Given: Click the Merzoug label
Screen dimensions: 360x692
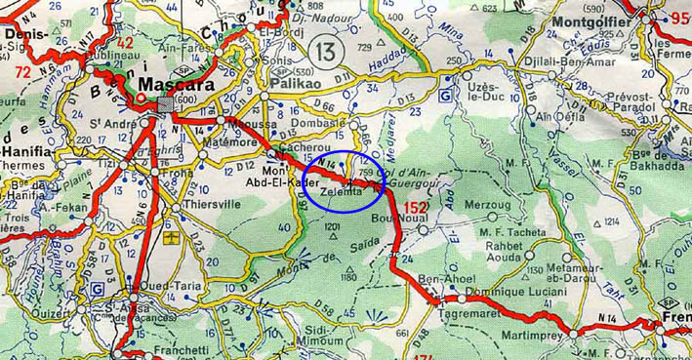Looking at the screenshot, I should (x=488, y=207).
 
